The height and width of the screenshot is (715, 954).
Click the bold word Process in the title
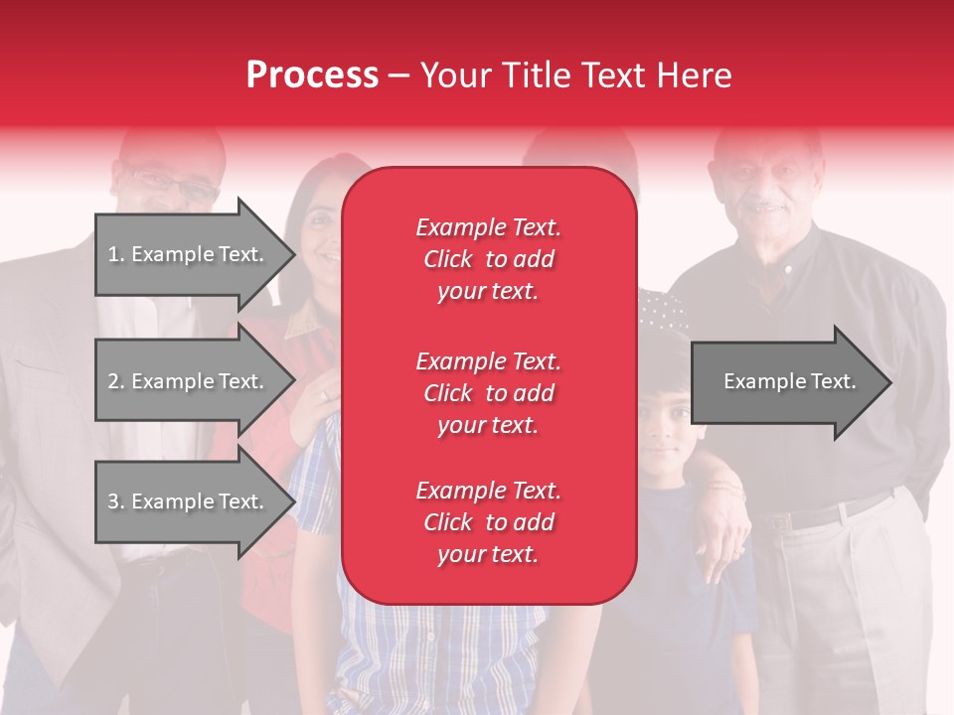coord(312,75)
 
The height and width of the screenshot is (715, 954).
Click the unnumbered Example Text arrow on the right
coord(790,381)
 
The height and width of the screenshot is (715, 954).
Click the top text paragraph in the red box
coord(488,259)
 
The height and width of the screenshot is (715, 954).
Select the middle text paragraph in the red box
coord(488,393)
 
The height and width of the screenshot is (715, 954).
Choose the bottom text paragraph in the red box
coord(488,522)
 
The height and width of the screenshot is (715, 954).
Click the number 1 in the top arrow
coord(112,254)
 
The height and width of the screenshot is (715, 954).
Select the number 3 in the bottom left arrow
coord(113,501)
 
